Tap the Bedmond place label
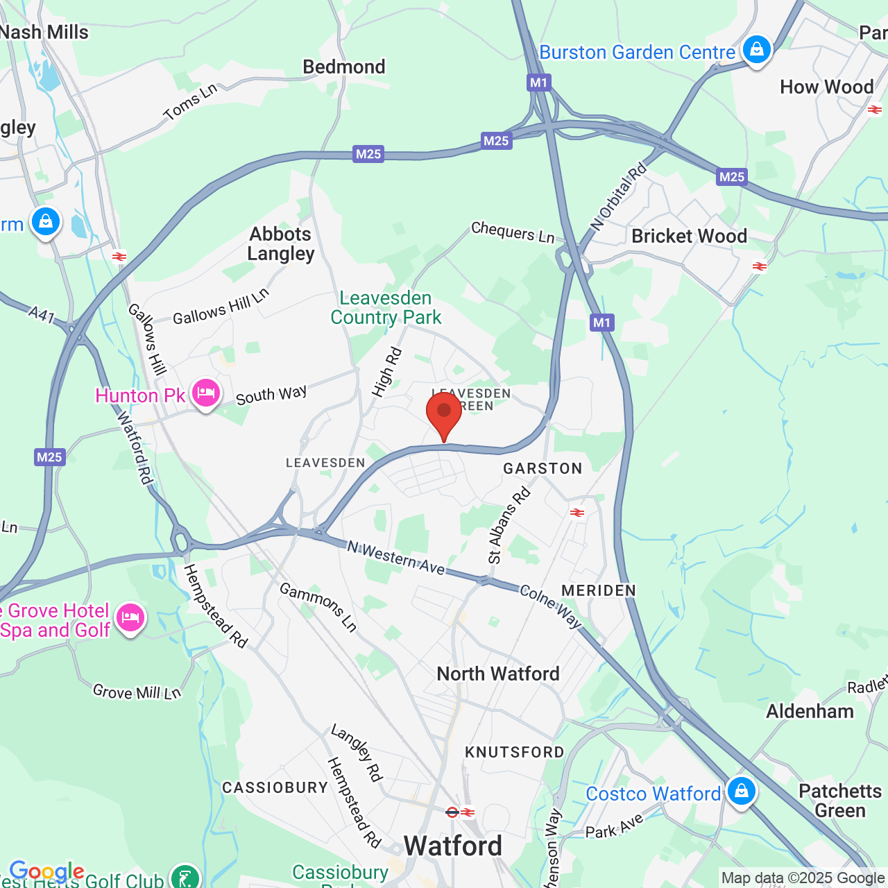pos(344,67)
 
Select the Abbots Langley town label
pos(281,244)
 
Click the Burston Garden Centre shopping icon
pos(756,50)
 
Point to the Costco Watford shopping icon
pos(741,791)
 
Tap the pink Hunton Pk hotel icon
pos(205,393)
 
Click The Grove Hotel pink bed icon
pos(130,617)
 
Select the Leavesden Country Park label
pos(386,307)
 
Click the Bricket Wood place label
pos(689,236)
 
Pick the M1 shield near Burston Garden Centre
pos(538,83)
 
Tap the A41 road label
pos(42,315)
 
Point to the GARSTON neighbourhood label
pos(543,468)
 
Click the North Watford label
pos(498,674)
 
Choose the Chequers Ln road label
pos(513,232)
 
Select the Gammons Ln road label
pos(318,607)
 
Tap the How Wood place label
pos(826,87)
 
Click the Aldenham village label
pos(810,711)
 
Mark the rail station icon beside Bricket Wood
pos(760,266)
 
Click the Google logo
pos(46,871)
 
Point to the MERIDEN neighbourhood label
pos(599,590)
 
